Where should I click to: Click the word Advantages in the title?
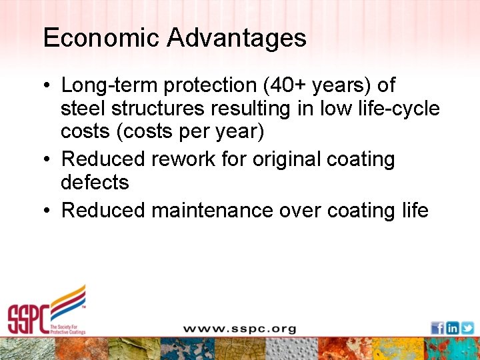pos(237,37)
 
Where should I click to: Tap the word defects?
pos(94,182)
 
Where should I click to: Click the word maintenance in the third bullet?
pos(212,210)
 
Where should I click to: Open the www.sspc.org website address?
pos(239,329)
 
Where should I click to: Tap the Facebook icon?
pos(437,328)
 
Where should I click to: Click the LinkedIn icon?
pos(453,328)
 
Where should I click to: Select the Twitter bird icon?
pos(467,328)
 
